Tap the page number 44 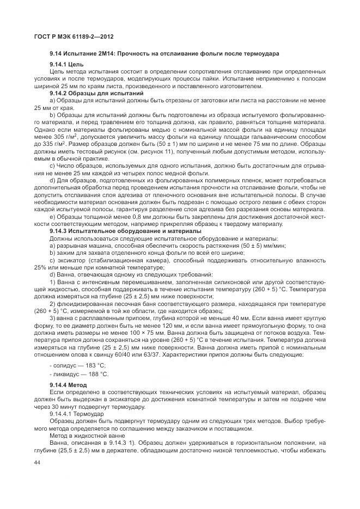tap(38, 462)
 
